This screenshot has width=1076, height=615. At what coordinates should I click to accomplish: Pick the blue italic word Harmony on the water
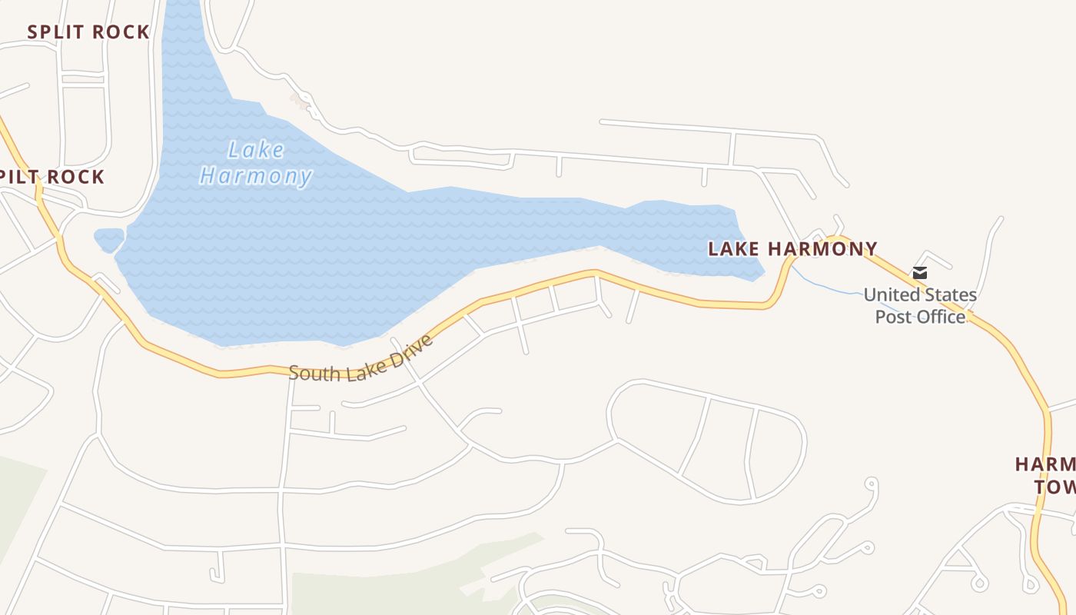click(256, 177)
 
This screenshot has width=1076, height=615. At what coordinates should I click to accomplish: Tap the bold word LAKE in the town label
click(734, 249)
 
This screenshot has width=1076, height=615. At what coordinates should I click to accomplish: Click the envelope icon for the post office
click(920, 273)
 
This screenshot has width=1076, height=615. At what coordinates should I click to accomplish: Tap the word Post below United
click(892, 317)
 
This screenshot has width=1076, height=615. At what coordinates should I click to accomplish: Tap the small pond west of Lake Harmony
click(108, 238)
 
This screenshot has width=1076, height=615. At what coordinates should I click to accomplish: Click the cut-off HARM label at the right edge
click(1045, 464)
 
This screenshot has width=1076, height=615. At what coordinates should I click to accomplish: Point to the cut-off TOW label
click(1054, 487)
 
